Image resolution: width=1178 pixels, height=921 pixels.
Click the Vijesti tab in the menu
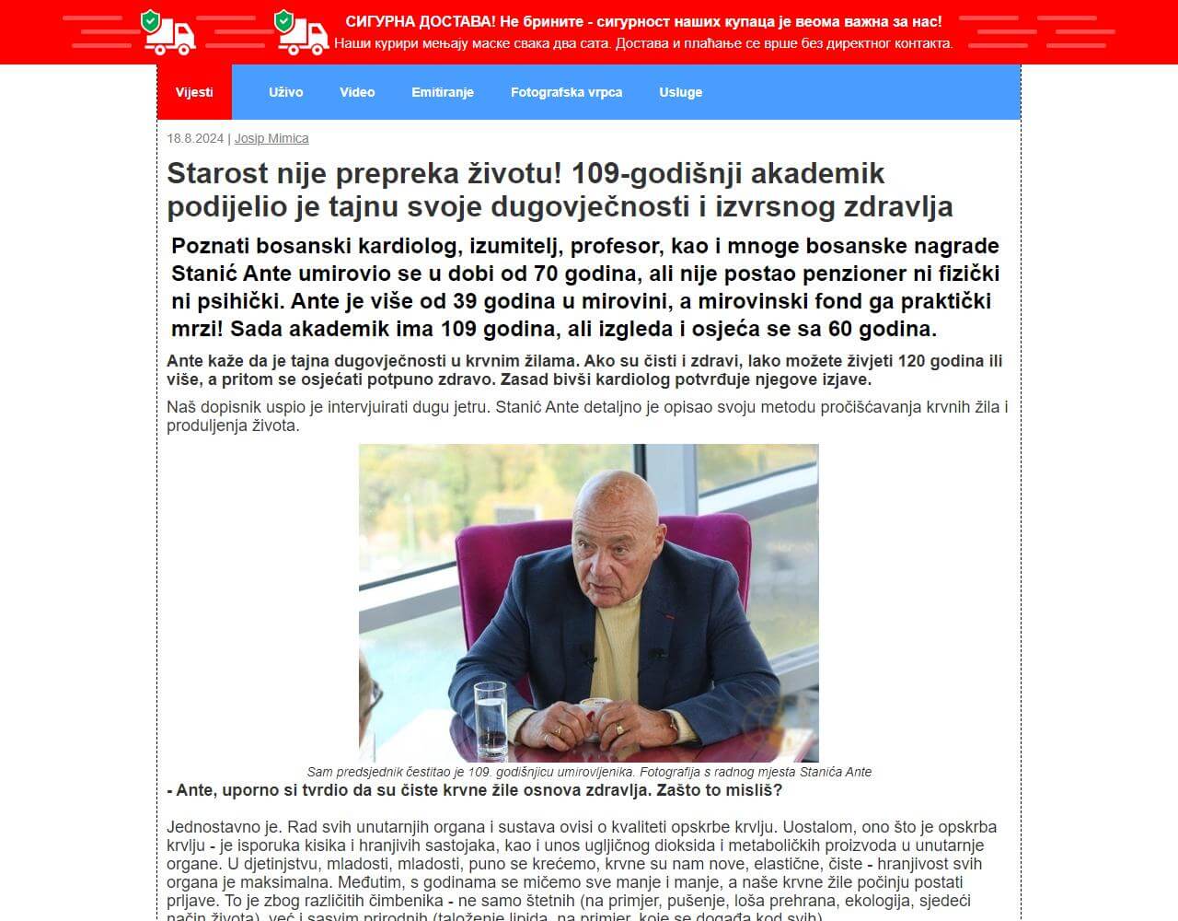tap(194, 92)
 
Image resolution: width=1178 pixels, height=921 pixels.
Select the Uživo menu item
tap(285, 92)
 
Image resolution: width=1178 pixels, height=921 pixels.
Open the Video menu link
tap(357, 92)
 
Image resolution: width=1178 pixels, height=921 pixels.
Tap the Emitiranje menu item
tap(443, 92)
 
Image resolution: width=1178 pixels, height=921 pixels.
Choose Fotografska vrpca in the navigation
tap(566, 92)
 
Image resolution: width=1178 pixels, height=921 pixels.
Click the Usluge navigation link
tap(680, 92)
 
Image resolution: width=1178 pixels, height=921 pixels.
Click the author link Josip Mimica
tap(271, 138)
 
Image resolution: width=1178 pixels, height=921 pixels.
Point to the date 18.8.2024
tap(195, 138)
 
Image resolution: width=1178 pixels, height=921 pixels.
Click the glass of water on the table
tap(490, 718)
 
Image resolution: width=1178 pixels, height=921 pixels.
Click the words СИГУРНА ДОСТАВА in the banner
tap(419, 21)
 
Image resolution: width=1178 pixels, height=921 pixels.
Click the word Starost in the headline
tap(217, 173)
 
